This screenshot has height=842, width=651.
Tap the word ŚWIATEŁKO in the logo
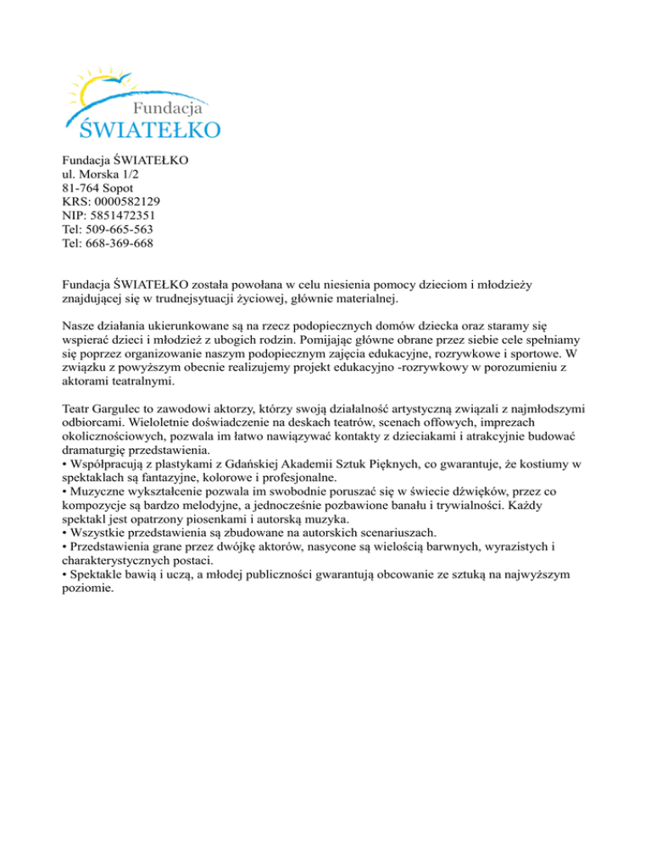(x=151, y=129)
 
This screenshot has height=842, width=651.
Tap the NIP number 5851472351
(x=123, y=216)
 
